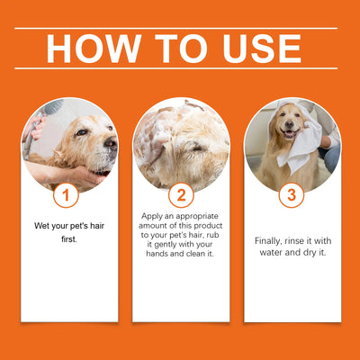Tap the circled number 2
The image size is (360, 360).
coord(180,195)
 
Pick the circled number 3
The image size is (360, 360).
coord(291,195)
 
